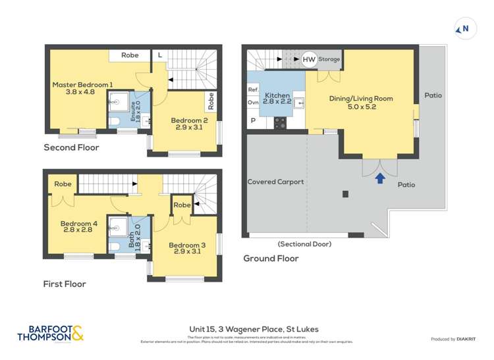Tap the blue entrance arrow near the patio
click(380, 178)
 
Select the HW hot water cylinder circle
click(309, 60)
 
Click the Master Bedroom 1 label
click(83, 88)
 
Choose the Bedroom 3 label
click(190, 248)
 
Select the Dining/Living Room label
click(361, 103)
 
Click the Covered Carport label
click(275, 182)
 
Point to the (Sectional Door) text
click(304, 244)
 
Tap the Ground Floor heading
click(271, 259)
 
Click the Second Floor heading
click(71, 147)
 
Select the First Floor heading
click(65, 284)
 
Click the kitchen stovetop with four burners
click(279, 122)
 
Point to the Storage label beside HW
click(329, 60)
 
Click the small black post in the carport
click(345, 194)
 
